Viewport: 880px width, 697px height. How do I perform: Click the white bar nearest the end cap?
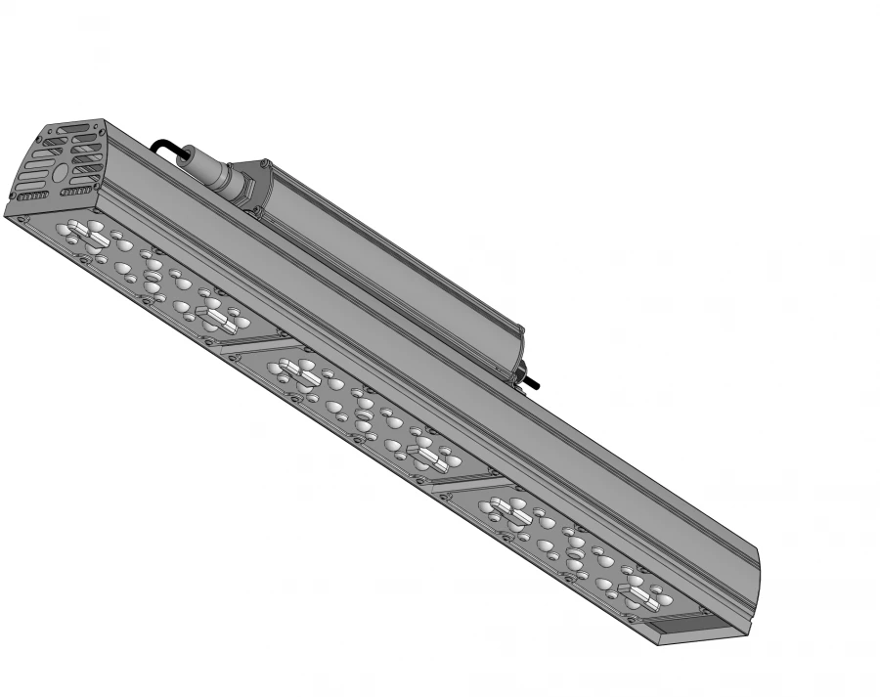click(84, 232)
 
